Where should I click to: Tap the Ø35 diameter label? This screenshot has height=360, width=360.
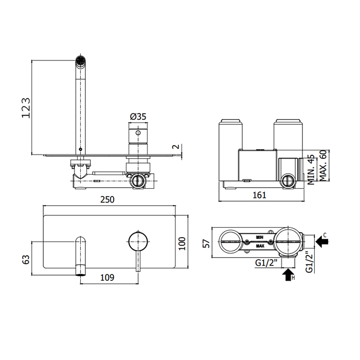tap(138, 117)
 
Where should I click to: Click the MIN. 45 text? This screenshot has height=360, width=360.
tap(311, 170)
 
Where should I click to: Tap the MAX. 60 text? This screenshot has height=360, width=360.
tap(323, 166)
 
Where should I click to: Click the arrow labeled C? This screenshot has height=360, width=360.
tap(322, 240)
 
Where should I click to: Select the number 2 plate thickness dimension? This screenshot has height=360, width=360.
tap(176, 147)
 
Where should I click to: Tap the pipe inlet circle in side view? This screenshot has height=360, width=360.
tap(138, 181)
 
